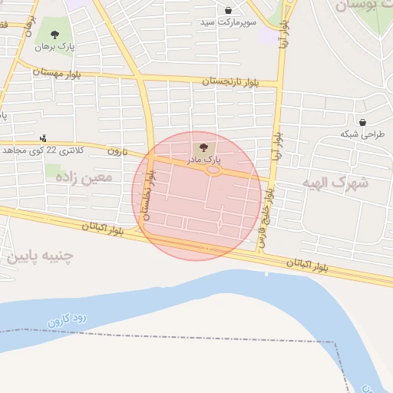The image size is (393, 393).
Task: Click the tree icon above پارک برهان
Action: point(54,34)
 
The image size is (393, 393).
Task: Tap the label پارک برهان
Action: point(54,46)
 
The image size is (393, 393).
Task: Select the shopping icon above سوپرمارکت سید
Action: point(229,11)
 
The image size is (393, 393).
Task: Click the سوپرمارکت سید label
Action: point(229,23)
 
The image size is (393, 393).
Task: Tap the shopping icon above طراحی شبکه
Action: point(362,122)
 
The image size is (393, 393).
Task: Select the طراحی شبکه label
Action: point(362,134)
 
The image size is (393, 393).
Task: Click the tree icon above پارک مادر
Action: point(203,147)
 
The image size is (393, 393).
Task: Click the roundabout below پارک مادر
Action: point(213,170)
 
